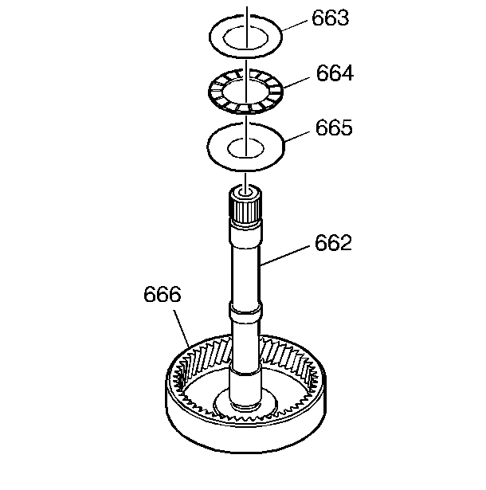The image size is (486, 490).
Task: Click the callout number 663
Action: [x=330, y=18]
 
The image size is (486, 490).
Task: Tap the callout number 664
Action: [x=335, y=73]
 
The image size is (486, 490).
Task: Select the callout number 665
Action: [x=334, y=127]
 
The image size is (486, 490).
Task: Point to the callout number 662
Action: [x=333, y=242]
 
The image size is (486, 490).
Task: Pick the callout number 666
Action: [x=163, y=294]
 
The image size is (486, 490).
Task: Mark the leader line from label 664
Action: [x=296, y=83]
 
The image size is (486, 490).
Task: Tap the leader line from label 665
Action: [x=297, y=136]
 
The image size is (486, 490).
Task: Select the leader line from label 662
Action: [x=284, y=256]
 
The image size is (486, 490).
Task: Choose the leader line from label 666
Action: [x=182, y=328]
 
